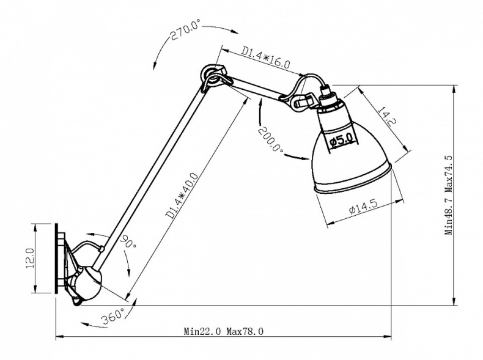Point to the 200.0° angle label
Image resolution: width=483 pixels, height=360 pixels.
click(x=270, y=140)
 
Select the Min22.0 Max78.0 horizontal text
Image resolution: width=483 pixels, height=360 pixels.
click(x=224, y=331)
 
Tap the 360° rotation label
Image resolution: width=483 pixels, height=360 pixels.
click(x=114, y=316)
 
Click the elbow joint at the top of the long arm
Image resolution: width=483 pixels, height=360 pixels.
click(x=216, y=78)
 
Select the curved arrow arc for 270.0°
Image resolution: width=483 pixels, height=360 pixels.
click(x=160, y=46)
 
